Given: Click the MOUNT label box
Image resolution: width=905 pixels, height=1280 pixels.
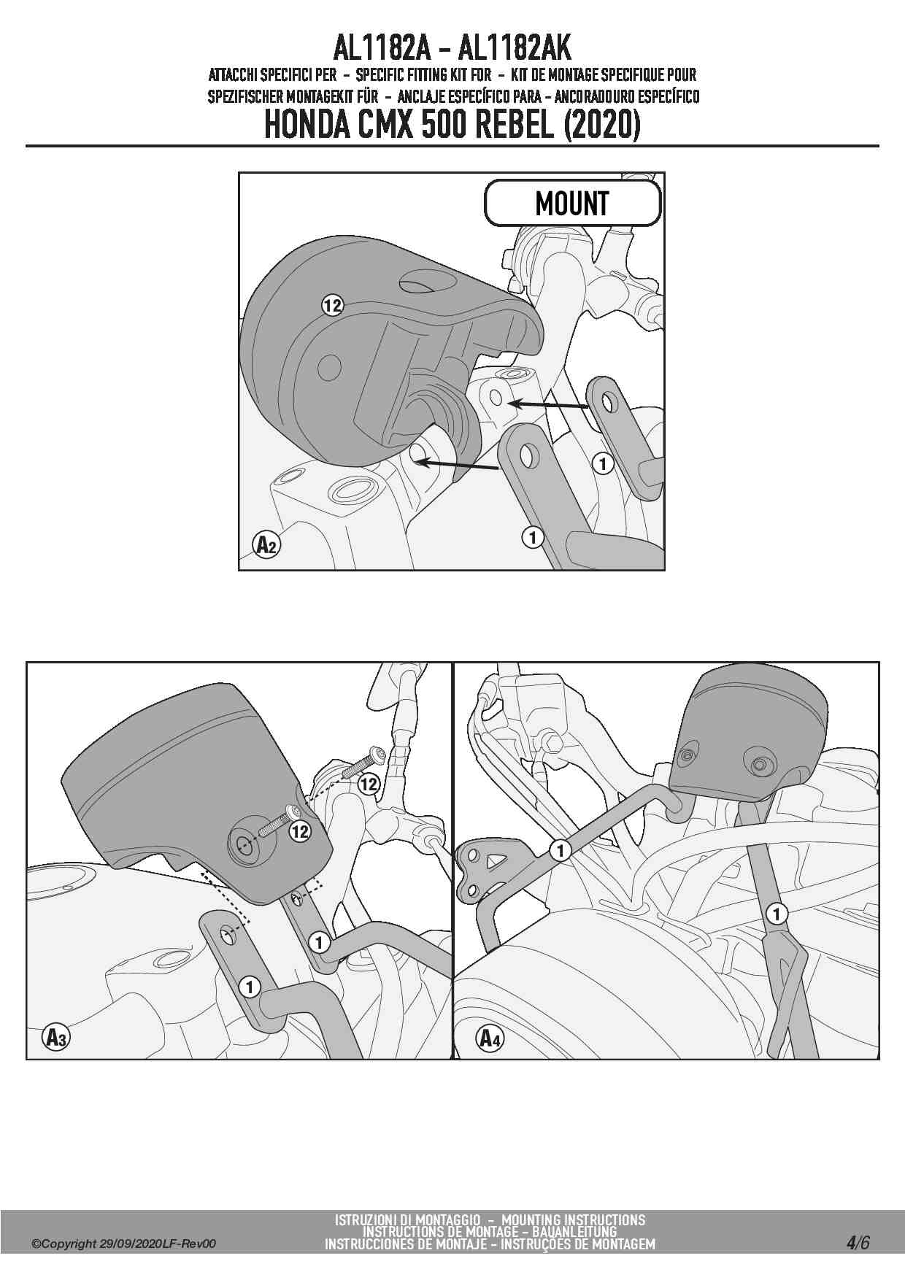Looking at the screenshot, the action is point(573,203).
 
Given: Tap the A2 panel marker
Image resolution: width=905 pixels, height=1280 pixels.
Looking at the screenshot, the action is point(266,544).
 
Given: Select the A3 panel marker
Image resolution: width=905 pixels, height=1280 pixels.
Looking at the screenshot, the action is point(55,1037).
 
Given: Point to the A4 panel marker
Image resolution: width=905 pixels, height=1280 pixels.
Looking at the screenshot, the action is point(490,1037).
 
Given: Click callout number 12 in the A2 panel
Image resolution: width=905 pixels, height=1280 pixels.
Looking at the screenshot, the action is point(332,306).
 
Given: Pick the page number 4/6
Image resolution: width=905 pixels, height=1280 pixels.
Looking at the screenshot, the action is point(858,1243).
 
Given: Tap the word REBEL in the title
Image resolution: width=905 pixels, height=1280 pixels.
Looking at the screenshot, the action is point(515,125).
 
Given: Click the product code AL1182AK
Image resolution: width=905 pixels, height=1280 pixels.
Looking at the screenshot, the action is point(515,48).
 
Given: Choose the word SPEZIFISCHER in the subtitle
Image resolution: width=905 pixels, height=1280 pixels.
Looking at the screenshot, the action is point(246,96).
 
